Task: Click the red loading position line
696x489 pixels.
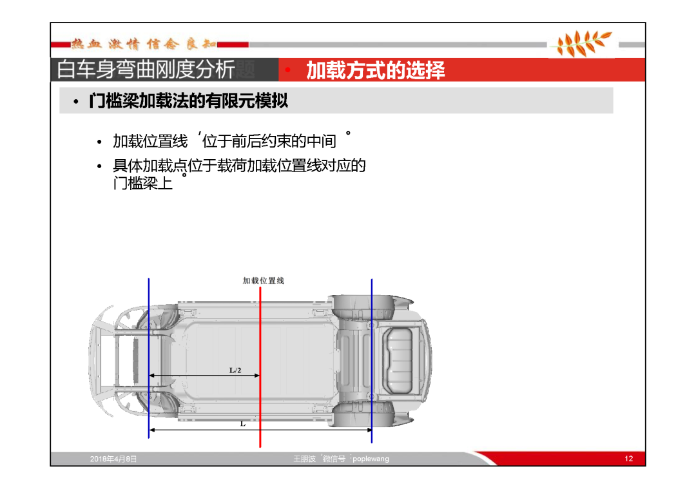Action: click(x=260, y=367)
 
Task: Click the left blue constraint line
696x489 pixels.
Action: click(x=149, y=358)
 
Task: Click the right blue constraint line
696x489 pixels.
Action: click(x=372, y=361)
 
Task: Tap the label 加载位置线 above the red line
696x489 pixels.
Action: click(x=263, y=280)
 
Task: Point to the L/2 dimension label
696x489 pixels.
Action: click(x=235, y=370)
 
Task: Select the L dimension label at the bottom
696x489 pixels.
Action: click(x=243, y=424)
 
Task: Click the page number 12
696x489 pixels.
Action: click(x=628, y=459)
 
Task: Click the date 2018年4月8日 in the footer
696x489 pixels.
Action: click(x=113, y=459)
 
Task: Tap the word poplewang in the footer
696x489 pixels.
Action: click(x=371, y=459)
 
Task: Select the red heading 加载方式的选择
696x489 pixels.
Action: click(x=376, y=70)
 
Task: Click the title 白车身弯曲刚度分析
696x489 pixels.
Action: click(x=146, y=70)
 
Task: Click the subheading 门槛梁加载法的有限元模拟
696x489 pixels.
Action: click(x=189, y=101)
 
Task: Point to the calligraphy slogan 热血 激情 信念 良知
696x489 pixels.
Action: click(x=144, y=43)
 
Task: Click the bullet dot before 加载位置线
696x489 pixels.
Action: click(x=99, y=142)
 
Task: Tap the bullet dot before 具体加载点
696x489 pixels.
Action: click(x=99, y=167)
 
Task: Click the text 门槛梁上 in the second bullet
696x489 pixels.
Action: click(x=143, y=183)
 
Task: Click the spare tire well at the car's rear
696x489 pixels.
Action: click(x=399, y=361)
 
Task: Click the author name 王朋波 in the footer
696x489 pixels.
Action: click(x=304, y=459)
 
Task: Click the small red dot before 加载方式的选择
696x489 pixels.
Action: click(x=287, y=70)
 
